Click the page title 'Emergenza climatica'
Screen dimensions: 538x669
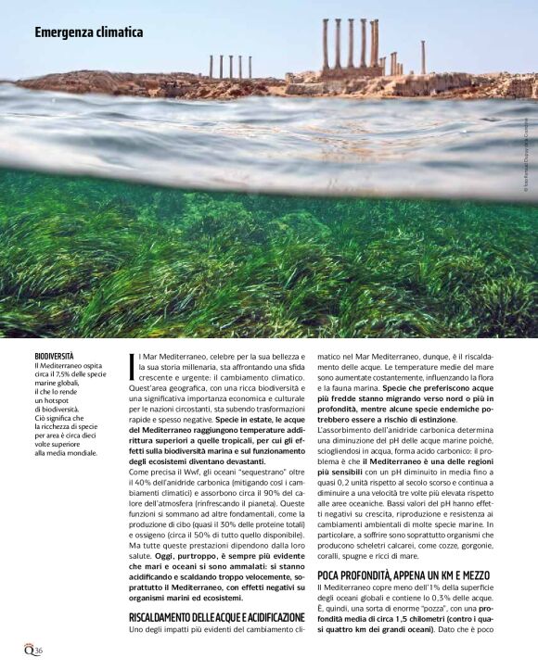[89, 32]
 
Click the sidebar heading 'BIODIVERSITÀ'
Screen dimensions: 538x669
[54, 356]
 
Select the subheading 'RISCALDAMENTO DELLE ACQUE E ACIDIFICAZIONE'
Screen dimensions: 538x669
[216, 616]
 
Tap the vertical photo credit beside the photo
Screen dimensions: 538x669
[525, 167]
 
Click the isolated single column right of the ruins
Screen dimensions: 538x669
[423, 57]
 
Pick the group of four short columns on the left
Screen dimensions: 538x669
[230, 67]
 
